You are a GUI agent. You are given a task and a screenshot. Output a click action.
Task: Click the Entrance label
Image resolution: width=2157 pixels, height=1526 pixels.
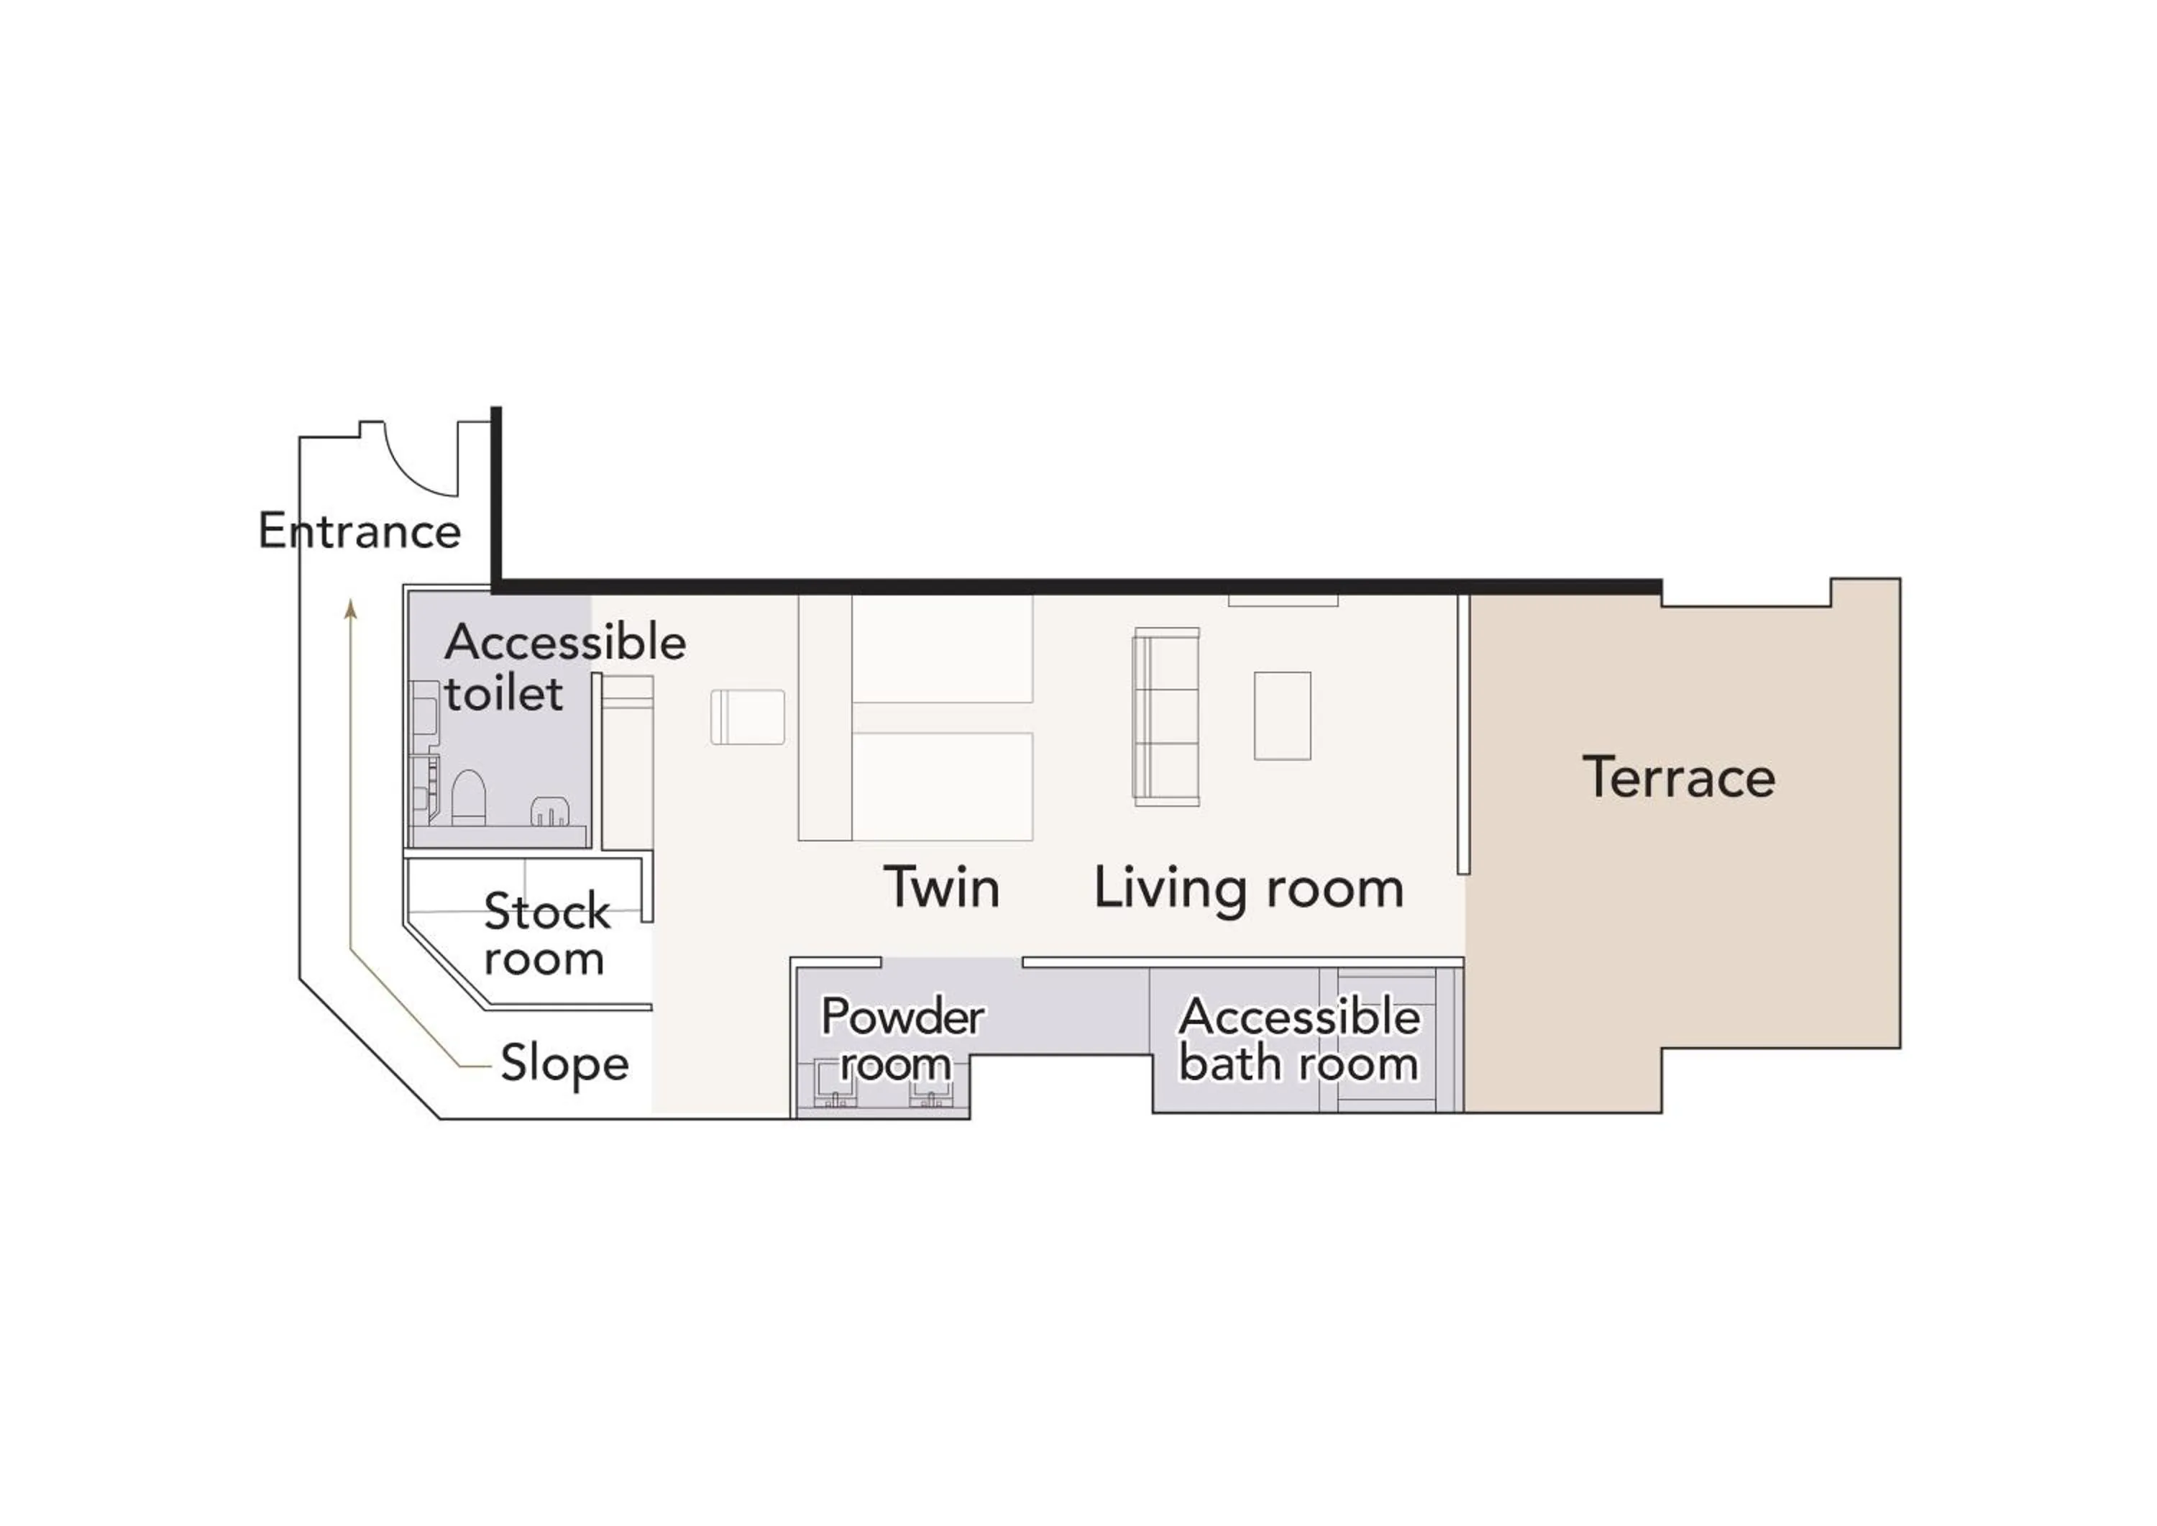coord(359,532)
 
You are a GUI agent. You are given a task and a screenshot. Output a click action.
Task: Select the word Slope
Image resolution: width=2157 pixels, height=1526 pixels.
coord(564,1063)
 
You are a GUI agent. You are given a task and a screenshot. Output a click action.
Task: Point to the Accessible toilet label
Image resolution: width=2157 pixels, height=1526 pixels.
coord(564,667)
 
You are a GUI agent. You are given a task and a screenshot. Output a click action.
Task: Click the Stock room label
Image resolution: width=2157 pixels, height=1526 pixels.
coord(546,934)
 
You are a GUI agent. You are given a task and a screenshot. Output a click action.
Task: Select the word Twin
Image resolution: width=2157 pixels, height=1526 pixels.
coord(941,887)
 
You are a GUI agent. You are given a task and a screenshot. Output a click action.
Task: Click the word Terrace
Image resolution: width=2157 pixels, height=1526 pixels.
coord(1678,777)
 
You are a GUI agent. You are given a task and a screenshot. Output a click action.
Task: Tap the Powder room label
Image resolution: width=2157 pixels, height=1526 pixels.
coord(901,1039)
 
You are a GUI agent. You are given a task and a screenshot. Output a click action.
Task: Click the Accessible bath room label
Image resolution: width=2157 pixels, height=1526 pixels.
coord(1299,1039)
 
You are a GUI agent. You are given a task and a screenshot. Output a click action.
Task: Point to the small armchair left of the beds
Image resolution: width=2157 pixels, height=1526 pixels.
coord(747,717)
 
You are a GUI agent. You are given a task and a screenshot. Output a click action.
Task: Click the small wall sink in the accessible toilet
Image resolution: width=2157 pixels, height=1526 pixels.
coord(549,811)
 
